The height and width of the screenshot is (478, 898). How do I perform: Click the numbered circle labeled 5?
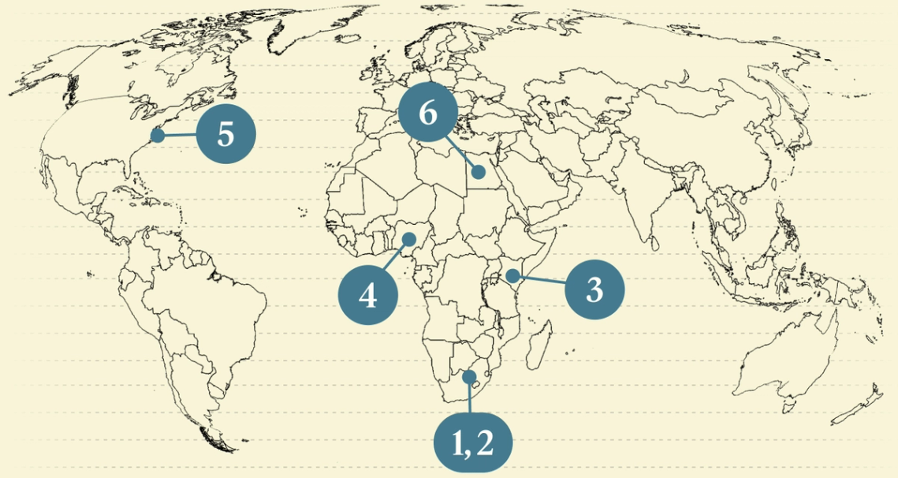[225, 134]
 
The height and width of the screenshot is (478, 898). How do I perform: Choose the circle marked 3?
[594, 290]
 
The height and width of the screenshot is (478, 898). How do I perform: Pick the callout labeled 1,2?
[473, 444]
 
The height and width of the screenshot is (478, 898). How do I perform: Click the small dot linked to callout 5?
[157, 136]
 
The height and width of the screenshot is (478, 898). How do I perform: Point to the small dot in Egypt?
[478, 172]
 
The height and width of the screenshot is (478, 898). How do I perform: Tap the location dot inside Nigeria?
[409, 238]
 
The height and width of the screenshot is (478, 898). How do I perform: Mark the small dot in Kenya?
[512, 275]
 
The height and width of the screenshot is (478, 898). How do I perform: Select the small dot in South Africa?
[470, 377]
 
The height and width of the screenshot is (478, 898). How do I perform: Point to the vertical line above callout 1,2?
[471, 398]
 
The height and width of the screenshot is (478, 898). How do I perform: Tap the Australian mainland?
[781, 363]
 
